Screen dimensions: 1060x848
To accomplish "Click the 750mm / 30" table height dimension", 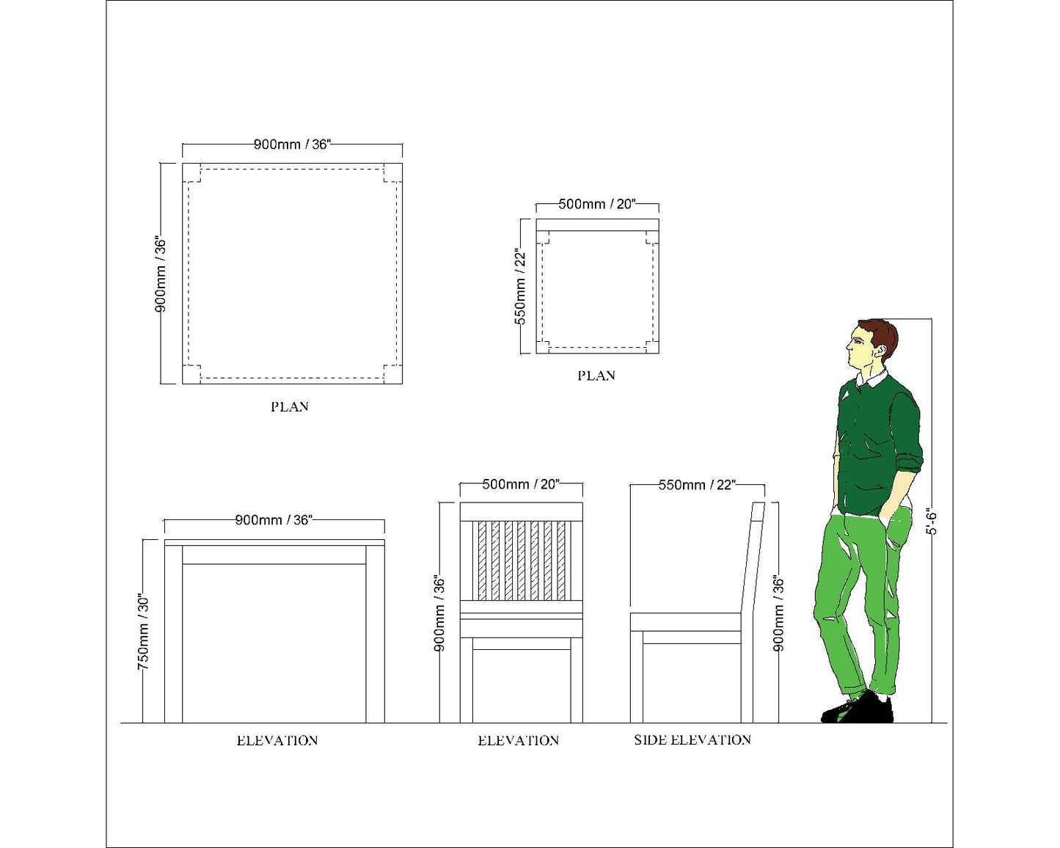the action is point(143,631).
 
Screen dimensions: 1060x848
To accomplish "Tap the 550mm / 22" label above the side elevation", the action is point(697,485).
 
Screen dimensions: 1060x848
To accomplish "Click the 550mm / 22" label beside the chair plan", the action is point(520,286).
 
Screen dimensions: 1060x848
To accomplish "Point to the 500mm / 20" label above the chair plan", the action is point(597,204).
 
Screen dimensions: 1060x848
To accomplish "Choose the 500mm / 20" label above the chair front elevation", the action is point(521,484).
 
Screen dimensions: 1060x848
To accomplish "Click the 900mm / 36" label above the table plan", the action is point(292,145).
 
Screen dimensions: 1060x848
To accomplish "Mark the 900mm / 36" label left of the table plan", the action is point(161,274).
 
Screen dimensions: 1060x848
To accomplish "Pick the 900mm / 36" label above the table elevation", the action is point(274,520).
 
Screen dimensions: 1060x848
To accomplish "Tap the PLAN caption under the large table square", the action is point(290,406).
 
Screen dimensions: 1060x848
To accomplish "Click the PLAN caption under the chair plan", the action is point(596,376).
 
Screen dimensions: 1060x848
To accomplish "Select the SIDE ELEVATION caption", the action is point(692,739).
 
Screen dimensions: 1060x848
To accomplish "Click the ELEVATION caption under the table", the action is point(277,740).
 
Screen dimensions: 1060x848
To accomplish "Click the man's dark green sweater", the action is point(877,444).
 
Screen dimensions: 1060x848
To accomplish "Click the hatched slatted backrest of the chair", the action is point(521,560).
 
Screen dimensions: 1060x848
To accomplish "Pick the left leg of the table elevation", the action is point(173,634).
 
